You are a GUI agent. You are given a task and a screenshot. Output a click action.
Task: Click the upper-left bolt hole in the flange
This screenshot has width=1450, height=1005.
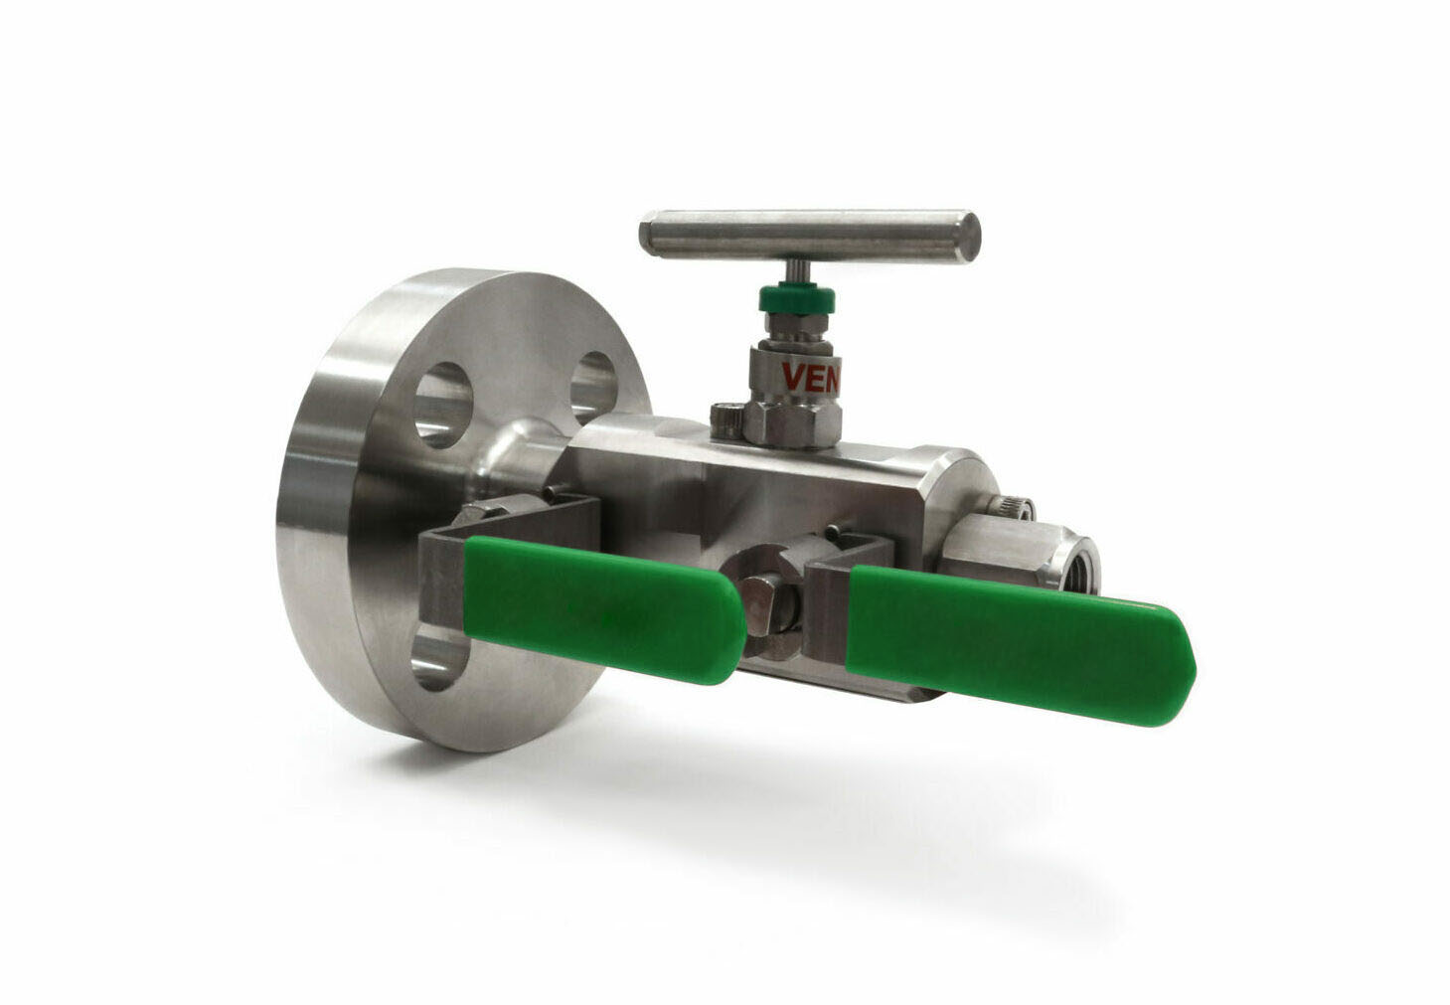click(443, 402)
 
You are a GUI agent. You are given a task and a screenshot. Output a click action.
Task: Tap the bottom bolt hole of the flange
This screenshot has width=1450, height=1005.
click(437, 661)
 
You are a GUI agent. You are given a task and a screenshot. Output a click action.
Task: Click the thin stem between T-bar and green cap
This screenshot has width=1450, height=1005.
click(796, 271)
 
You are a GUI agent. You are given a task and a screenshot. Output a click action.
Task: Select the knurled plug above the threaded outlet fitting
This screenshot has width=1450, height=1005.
click(1015, 508)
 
